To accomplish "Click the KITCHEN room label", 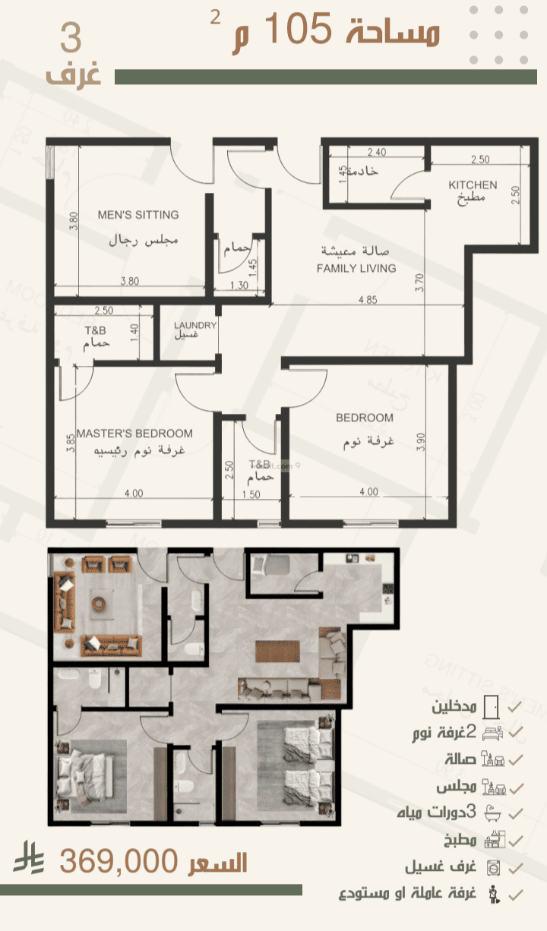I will point(473,185).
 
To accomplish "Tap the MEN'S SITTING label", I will point(138,215).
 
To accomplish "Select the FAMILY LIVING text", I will point(356,268).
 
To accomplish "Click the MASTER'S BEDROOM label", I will point(134,434).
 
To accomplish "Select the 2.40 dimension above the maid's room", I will point(376,152).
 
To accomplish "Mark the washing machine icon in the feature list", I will point(490,866).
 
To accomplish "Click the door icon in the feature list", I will point(491,706).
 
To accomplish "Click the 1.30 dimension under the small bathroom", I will point(239,286).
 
